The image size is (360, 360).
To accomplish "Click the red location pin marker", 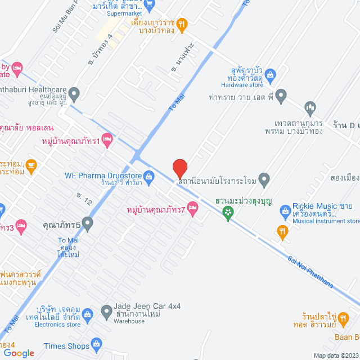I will point(179,169).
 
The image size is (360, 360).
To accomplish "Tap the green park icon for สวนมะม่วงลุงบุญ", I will point(228,212).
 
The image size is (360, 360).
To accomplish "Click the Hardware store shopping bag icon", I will point(270,74).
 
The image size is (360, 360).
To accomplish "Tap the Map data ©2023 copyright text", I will point(335,355).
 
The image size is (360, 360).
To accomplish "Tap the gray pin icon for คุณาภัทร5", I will point(87,224).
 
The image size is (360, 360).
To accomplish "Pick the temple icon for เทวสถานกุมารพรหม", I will point(309,107).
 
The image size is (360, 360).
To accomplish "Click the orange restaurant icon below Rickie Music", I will point(282,229).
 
